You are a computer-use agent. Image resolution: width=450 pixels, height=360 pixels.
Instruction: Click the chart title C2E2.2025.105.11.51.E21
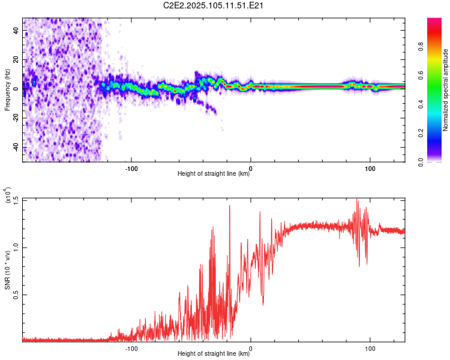(x=214, y=6)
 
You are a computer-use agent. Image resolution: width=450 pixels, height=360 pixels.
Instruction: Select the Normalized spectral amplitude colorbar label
(x=446, y=90)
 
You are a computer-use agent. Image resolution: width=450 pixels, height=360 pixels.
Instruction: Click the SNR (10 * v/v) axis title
(x=7, y=270)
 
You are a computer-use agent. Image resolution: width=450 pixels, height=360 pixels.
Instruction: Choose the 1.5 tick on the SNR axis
(x=16, y=200)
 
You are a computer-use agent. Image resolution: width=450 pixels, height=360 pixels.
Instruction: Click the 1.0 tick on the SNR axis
(x=16, y=247)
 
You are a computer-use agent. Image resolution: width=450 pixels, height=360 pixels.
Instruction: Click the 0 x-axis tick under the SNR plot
(x=251, y=347)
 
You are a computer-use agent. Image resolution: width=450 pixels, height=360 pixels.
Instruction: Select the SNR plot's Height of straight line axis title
(x=214, y=354)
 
